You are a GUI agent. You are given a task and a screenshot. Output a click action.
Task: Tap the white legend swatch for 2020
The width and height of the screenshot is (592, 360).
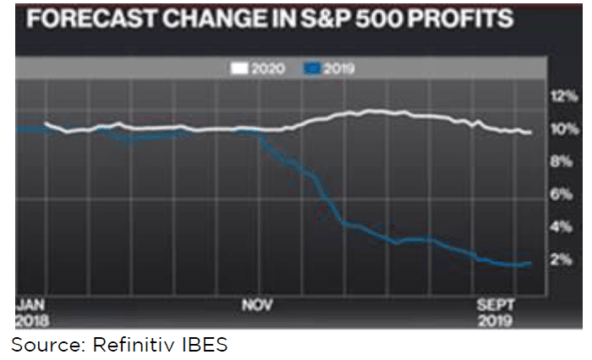tap(239, 68)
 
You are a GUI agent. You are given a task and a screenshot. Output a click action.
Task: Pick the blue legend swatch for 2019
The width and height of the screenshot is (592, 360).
tap(309, 68)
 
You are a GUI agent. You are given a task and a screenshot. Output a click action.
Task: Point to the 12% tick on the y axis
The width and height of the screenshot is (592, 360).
tap(562, 96)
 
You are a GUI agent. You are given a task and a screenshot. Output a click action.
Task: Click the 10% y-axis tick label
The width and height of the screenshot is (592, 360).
tap(562, 129)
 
